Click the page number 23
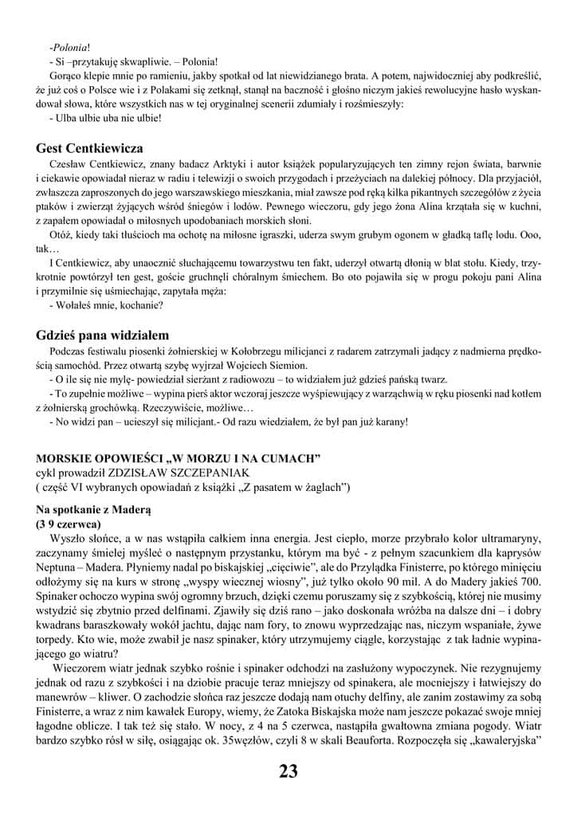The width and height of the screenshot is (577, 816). coord(288,771)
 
